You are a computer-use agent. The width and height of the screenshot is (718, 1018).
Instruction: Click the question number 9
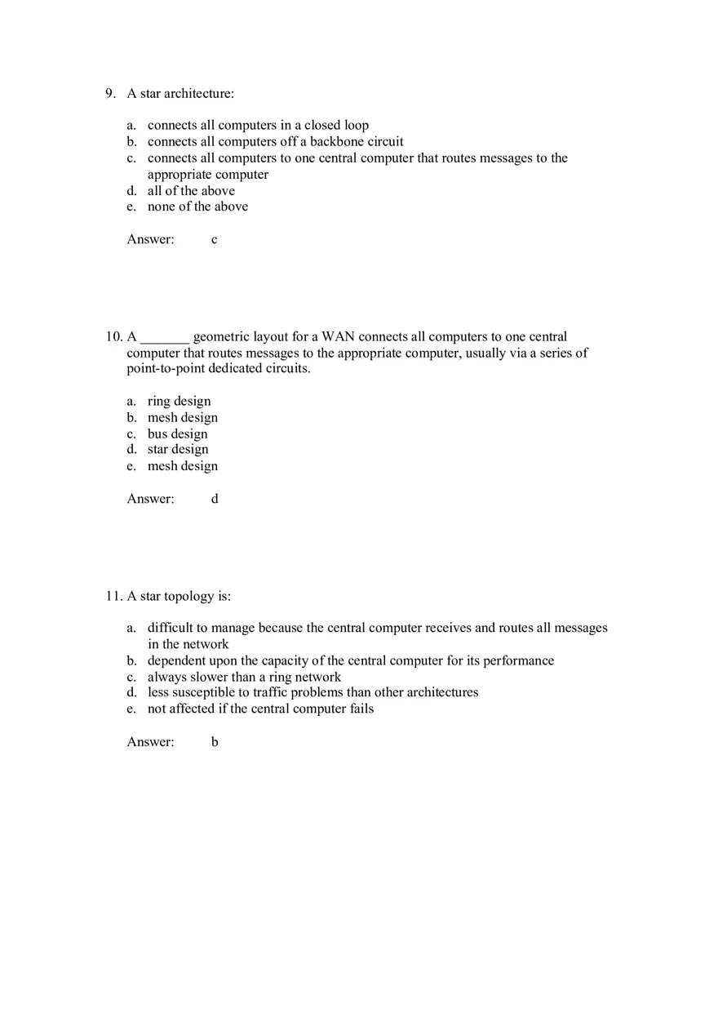point(110,94)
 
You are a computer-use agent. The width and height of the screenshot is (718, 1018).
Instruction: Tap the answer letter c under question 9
point(215,240)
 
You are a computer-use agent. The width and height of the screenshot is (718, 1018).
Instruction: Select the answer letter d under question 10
point(215,499)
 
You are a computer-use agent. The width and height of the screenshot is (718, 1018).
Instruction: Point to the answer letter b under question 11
point(215,742)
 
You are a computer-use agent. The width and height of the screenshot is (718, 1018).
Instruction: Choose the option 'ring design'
point(179,402)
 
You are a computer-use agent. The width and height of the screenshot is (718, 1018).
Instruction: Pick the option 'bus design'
point(177,434)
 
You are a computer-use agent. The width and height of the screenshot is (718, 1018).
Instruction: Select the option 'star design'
point(177,450)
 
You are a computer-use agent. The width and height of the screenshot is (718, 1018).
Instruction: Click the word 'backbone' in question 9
point(335,142)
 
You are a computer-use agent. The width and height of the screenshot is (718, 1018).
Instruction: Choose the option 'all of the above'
point(191,191)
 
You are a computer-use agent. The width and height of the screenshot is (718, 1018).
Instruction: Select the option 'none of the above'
point(197,207)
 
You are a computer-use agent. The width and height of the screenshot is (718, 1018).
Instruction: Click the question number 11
point(113,597)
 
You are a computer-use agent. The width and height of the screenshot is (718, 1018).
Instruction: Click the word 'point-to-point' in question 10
point(165,369)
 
